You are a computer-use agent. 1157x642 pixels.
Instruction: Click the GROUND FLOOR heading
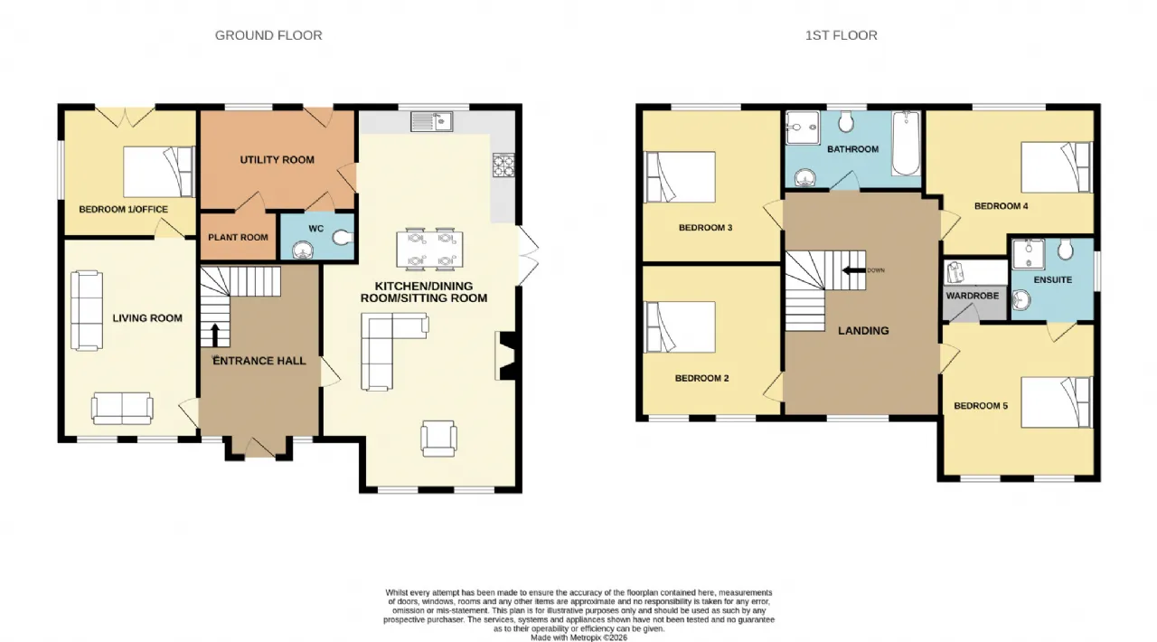[x=268, y=35]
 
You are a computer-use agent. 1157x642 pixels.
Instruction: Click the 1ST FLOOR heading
[x=841, y=35]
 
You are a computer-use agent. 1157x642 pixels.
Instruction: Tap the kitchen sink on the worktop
[x=432, y=121]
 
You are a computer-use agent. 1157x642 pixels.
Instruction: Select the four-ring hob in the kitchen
[x=503, y=165]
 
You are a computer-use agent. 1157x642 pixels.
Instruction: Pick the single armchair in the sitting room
[x=438, y=439]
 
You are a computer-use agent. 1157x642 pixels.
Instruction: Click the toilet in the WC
[x=343, y=238]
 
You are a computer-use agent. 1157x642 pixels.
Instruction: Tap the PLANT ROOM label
[x=238, y=237]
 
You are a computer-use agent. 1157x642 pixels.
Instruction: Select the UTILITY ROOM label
[x=277, y=160]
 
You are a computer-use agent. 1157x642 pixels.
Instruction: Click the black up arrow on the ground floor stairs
[x=215, y=335]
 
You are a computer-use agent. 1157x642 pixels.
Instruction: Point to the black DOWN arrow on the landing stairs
[x=853, y=270]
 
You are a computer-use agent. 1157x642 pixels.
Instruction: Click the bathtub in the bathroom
[x=906, y=144]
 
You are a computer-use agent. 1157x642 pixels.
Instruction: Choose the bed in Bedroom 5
[x=1057, y=402]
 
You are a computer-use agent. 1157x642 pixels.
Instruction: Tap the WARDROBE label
[x=972, y=297]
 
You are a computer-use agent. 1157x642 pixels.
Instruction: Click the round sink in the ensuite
[x=1021, y=299]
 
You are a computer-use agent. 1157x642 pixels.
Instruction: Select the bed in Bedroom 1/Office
[x=159, y=172]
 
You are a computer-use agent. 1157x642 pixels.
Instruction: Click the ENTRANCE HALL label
[x=259, y=361]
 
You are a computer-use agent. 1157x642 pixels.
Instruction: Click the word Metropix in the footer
[x=586, y=637]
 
